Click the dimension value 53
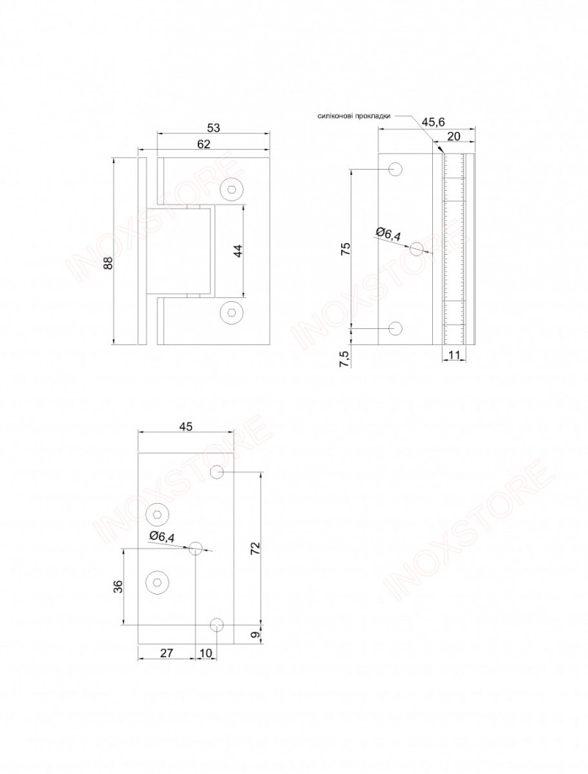tap(213, 128)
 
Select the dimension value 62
tap(204, 144)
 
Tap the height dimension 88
tap(109, 263)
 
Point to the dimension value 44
tap(238, 251)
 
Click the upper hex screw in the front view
tap(232, 189)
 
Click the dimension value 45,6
tap(434, 122)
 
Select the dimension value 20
tap(453, 137)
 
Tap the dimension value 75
tap(346, 248)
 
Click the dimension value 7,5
tap(346, 358)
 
